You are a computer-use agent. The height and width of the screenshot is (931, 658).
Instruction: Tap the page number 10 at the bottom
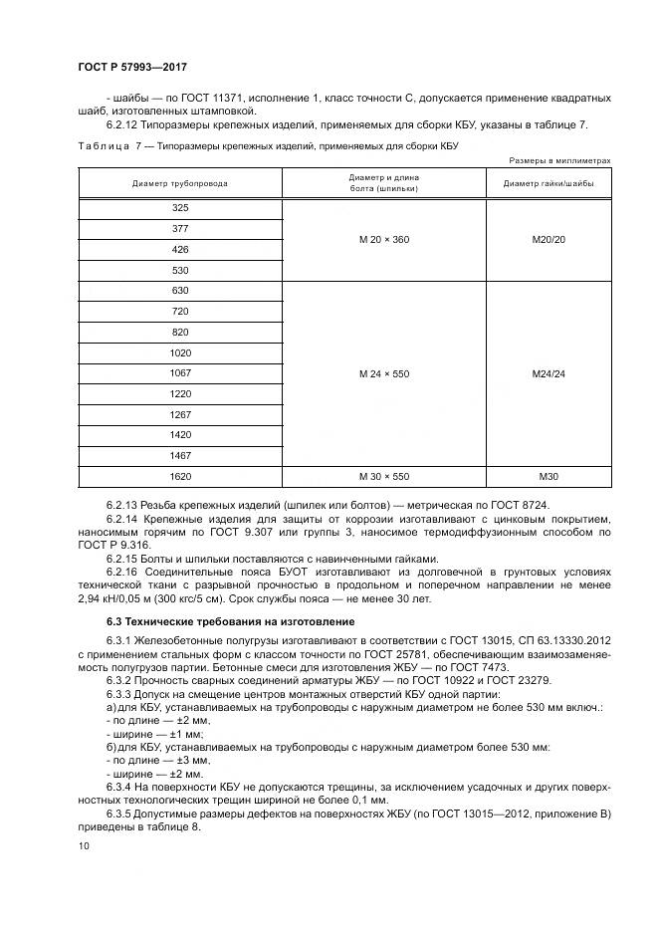pyautogui.click(x=83, y=845)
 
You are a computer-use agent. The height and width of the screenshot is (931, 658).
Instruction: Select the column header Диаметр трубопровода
pyautogui.click(x=180, y=183)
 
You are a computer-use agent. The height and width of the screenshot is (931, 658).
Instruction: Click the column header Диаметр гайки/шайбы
pyautogui.click(x=548, y=183)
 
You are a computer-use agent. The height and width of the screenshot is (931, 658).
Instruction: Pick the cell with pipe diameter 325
pyautogui.click(x=180, y=208)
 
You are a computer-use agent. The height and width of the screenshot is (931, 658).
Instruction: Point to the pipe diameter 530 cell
pyautogui.click(x=180, y=270)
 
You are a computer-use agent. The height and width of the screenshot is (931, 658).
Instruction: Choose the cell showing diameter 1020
pyautogui.click(x=180, y=352)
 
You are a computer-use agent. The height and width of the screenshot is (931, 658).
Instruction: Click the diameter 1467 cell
pyautogui.click(x=180, y=455)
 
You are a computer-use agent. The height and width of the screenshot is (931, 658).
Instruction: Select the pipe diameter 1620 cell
pyautogui.click(x=180, y=476)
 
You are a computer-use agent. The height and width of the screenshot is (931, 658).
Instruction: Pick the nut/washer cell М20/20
pyautogui.click(x=548, y=239)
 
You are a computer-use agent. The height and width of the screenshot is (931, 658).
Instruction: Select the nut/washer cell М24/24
pyautogui.click(x=548, y=373)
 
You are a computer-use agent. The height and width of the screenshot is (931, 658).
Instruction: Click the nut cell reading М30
pyautogui.click(x=548, y=476)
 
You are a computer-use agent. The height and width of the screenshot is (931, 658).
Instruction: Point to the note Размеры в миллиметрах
pyautogui.click(x=559, y=159)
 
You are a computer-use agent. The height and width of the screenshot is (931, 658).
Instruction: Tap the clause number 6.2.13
pyautogui.click(x=123, y=506)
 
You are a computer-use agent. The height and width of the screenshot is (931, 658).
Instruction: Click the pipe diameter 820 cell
pyautogui.click(x=180, y=332)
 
